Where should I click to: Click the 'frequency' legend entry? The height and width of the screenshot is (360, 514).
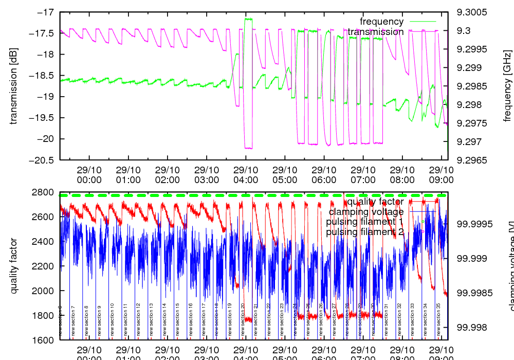[381, 22]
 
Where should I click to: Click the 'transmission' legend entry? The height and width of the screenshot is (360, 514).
[375, 32]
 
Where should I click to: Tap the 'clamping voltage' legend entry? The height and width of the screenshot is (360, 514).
[366, 212]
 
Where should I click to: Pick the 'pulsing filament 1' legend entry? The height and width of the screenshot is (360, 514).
[365, 222]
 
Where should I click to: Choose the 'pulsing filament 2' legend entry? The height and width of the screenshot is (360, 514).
[365, 232]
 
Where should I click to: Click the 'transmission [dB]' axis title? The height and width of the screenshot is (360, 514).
[14, 86]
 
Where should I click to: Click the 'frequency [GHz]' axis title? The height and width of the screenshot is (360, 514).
[508, 86]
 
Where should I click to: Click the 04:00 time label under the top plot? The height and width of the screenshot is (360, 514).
[246, 175]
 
